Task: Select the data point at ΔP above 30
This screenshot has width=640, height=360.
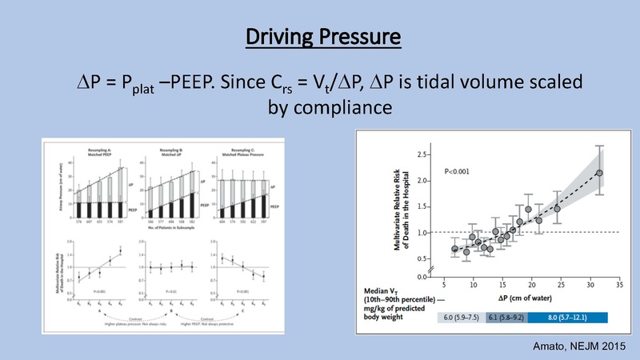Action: tap(599, 173)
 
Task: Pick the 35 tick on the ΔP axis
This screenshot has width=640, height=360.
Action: tap(618, 283)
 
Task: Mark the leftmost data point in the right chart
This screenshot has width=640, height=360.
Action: tap(455, 249)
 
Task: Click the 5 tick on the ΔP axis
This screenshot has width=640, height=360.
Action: tap(443, 283)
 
